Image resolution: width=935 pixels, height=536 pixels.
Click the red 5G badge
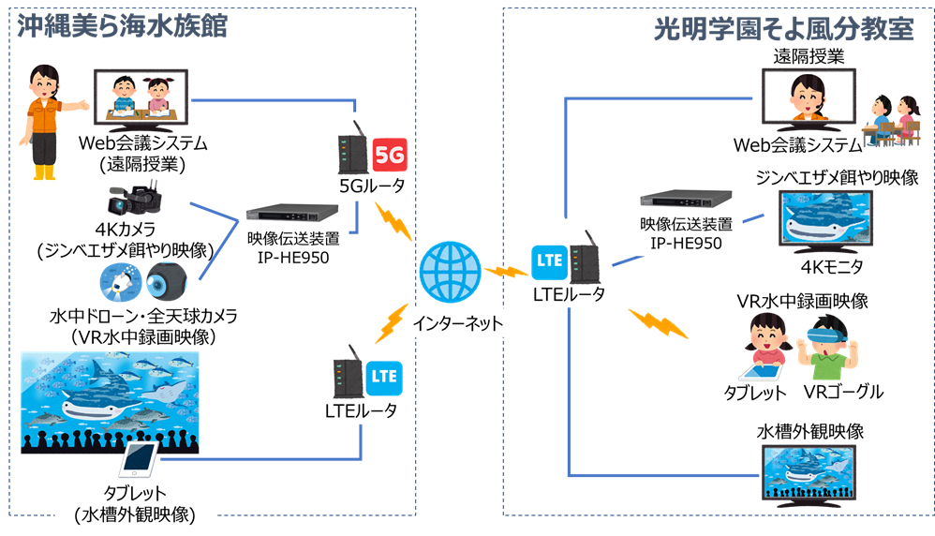point(389,153)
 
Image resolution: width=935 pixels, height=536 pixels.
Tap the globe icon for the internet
point(448,273)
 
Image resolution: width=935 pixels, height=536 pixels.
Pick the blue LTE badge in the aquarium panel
point(383,377)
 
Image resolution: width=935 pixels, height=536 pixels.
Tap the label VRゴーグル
point(842,392)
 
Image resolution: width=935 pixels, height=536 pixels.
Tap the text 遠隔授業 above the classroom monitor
point(809,56)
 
